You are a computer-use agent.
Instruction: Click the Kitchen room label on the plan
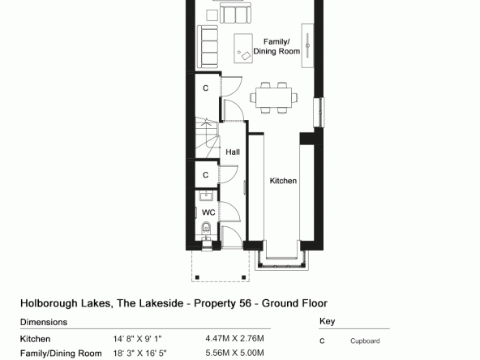(283, 181)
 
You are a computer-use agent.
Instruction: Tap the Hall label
(233, 152)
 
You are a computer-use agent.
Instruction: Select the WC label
(208, 212)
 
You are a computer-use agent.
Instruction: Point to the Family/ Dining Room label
(276, 46)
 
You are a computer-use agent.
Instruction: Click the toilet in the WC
(206, 227)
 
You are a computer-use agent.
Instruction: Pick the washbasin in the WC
(206, 195)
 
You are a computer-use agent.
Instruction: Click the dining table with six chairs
(274, 97)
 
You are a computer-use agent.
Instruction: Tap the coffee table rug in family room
(243, 49)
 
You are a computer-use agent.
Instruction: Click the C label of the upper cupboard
(205, 88)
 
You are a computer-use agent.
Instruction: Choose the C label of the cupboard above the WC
(205, 175)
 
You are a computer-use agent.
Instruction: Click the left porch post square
(197, 277)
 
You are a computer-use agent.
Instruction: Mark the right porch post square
(244, 277)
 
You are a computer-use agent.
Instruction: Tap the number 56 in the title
(245, 303)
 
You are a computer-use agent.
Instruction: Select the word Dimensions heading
(44, 322)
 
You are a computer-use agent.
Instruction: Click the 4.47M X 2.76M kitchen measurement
(234, 339)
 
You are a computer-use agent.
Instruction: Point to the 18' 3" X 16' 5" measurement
(140, 354)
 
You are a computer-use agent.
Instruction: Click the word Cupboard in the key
(365, 341)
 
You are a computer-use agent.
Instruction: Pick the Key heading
(327, 321)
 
